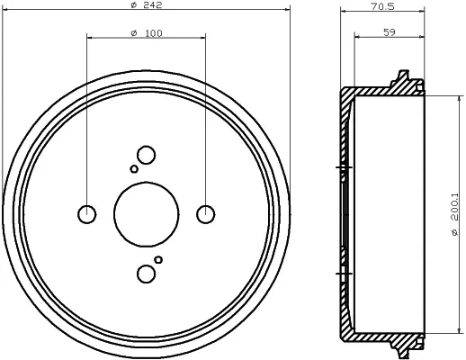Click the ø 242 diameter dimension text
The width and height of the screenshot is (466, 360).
[147, 5]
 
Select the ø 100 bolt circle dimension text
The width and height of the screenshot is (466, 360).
[147, 33]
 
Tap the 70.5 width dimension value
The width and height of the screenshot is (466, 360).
[382, 6]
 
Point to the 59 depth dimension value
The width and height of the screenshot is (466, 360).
[390, 32]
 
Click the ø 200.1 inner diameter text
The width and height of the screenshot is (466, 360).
[454, 214]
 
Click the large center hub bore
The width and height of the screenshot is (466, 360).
[147, 214]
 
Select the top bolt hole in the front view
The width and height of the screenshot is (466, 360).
[146, 155]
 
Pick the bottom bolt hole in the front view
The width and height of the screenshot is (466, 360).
[146, 274]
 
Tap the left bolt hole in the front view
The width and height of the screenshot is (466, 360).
[87, 214]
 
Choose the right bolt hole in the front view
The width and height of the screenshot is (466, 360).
[205, 214]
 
